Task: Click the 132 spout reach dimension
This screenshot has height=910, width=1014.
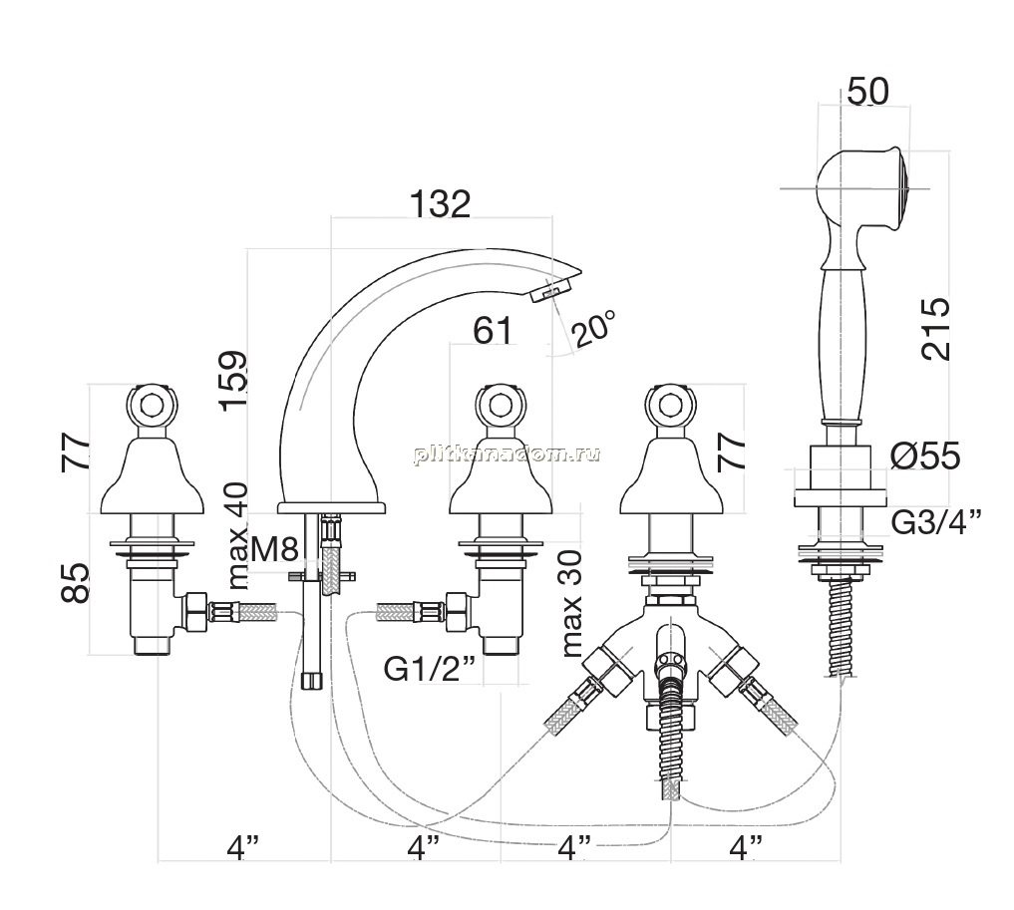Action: click(x=441, y=204)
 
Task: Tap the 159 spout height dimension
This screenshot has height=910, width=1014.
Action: click(x=232, y=382)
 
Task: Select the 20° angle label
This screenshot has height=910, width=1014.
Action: click(x=593, y=329)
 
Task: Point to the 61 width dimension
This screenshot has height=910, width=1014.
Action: click(x=493, y=331)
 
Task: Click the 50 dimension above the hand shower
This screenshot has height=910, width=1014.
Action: click(x=867, y=91)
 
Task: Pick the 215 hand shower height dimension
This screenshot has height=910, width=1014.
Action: click(x=937, y=328)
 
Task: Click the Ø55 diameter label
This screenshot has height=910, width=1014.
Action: click(x=925, y=457)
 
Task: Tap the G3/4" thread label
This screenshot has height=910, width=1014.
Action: click(x=936, y=522)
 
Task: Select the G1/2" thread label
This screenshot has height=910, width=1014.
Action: click(x=430, y=670)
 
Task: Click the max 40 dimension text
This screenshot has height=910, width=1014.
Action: click(x=237, y=536)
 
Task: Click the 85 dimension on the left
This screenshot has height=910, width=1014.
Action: click(x=75, y=583)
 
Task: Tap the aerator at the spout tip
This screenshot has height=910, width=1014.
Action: click(x=550, y=289)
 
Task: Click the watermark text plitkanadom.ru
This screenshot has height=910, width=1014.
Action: click(x=507, y=454)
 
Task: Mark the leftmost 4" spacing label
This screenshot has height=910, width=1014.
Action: click(x=243, y=846)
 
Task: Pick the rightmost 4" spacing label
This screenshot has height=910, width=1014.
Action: click(x=746, y=846)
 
